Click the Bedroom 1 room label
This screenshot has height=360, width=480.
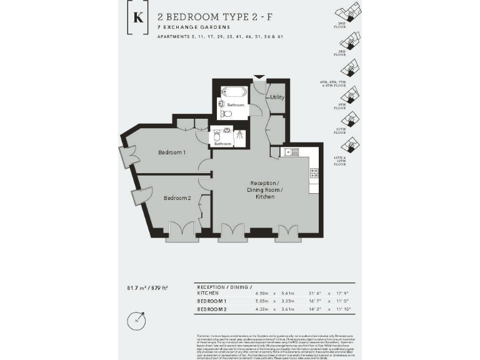click(x=171, y=152)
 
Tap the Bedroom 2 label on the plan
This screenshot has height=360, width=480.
click(x=177, y=198)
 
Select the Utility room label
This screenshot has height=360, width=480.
click(x=277, y=97)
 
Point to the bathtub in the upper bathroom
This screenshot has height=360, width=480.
click(x=235, y=92)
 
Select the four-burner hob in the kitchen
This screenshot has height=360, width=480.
click(x=314, y=172)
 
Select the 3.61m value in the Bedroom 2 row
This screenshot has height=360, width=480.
click(x=287, y=309)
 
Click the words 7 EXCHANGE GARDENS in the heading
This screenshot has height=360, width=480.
click(x=194, y=27)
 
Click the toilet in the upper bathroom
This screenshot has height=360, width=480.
click(x=226, y=114)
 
